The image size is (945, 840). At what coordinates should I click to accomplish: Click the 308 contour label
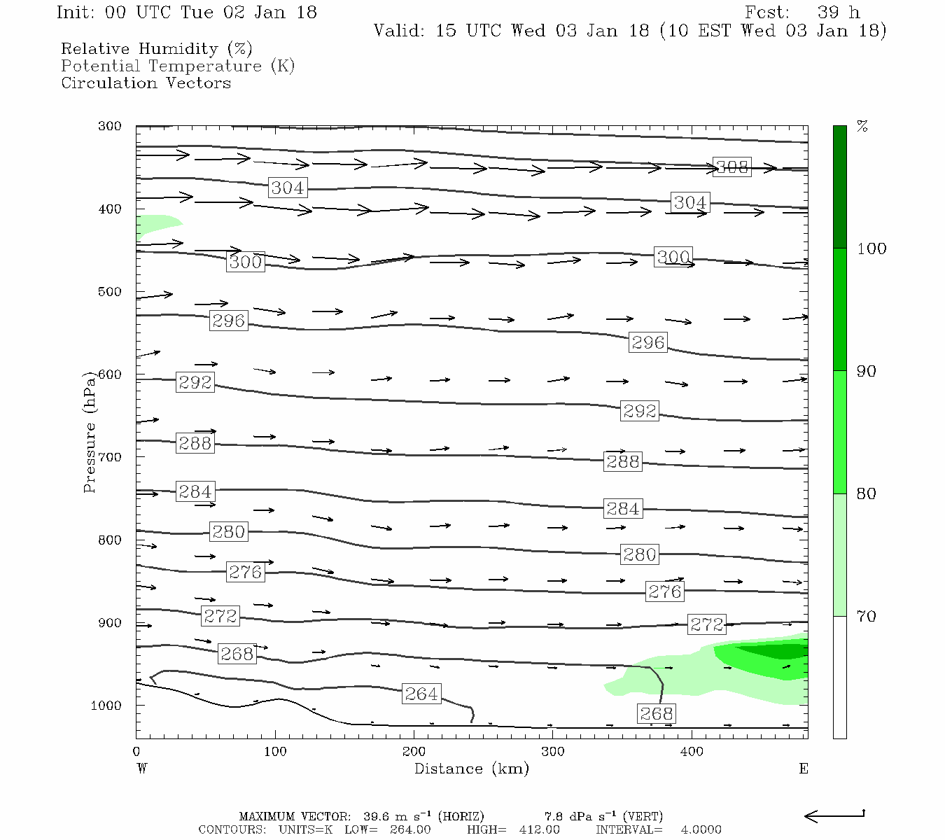coord(731,167)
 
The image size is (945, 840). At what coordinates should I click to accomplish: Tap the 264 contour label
coord(421,694)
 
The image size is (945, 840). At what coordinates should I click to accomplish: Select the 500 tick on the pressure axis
coord(110,292)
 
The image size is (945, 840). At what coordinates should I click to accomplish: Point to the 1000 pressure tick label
coord(106,706)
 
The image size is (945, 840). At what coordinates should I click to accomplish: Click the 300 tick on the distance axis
coord(553,752)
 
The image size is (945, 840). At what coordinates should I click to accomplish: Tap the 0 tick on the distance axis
coord(136,752)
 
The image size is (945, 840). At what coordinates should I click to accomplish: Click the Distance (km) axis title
coord(471,769)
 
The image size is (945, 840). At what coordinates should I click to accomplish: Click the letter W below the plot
coord(142,769)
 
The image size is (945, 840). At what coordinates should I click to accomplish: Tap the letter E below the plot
coord(804,769)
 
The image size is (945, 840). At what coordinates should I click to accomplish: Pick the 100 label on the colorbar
coord(871,249)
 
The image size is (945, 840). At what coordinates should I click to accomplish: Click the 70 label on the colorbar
coord(867,617)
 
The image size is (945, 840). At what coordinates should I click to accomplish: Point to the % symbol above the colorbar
coord(862,127)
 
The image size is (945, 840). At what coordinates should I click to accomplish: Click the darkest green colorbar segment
coord(839,187)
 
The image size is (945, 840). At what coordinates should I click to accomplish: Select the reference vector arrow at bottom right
coord(834,815)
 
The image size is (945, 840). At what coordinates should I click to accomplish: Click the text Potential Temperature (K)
coord(178,66)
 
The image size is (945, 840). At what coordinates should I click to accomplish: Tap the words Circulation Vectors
coord(146,83)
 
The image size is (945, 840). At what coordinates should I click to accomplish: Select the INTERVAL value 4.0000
coord(701,829)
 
